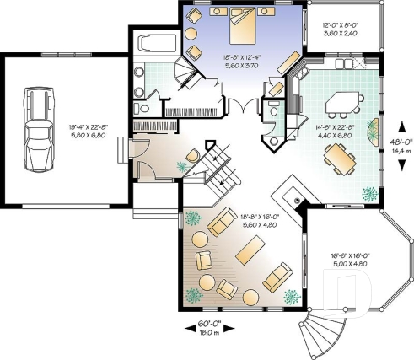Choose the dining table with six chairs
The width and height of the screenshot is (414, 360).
click(339, 157)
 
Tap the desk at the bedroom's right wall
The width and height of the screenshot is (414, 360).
click(289, 63)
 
